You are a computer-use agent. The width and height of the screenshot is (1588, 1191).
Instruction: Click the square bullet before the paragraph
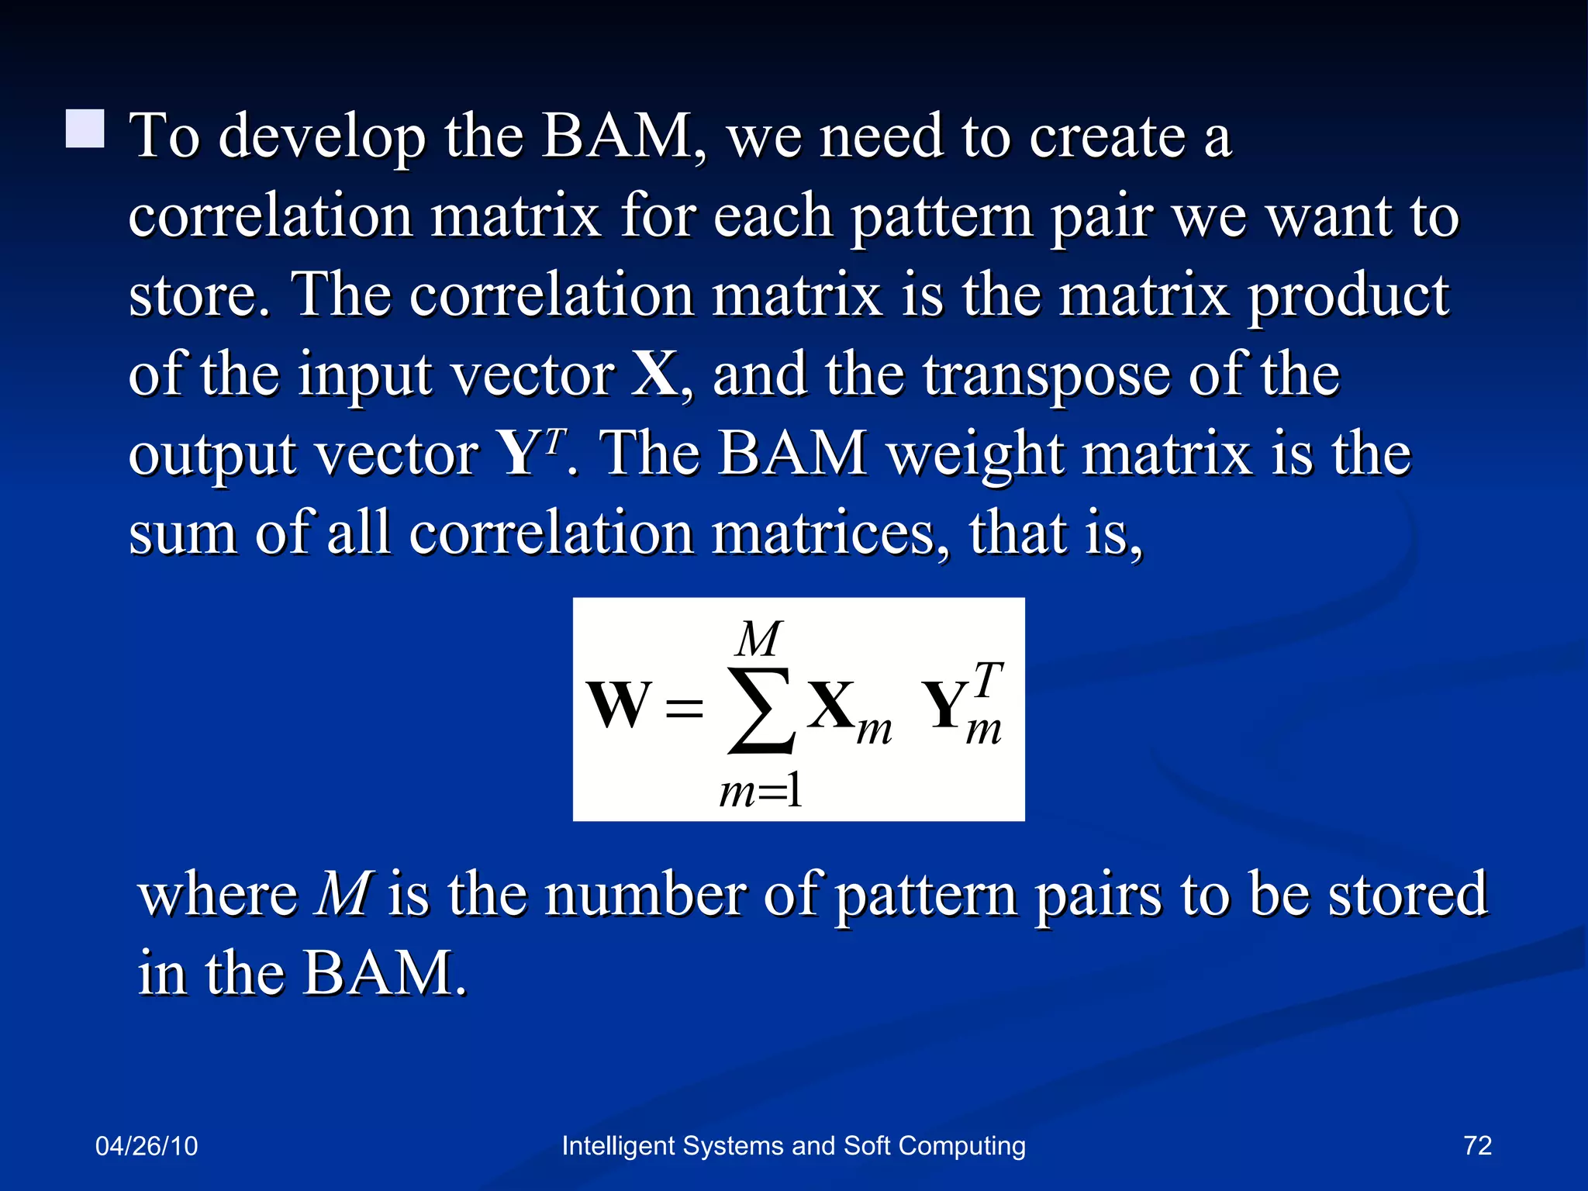click(85, 129)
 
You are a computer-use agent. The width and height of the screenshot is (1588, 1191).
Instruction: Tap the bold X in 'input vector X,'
click(656, 375)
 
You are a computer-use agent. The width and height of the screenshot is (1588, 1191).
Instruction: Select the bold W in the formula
click(618, 706)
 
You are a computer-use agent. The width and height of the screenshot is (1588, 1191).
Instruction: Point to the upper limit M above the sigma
click(759, 640)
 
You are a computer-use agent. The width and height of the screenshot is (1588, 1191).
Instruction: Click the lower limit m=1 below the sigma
click(761, 792)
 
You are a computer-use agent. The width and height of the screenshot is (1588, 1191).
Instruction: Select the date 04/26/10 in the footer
click(147, 1146)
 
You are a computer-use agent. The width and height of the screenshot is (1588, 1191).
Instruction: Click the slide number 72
click(1477, 1145)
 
